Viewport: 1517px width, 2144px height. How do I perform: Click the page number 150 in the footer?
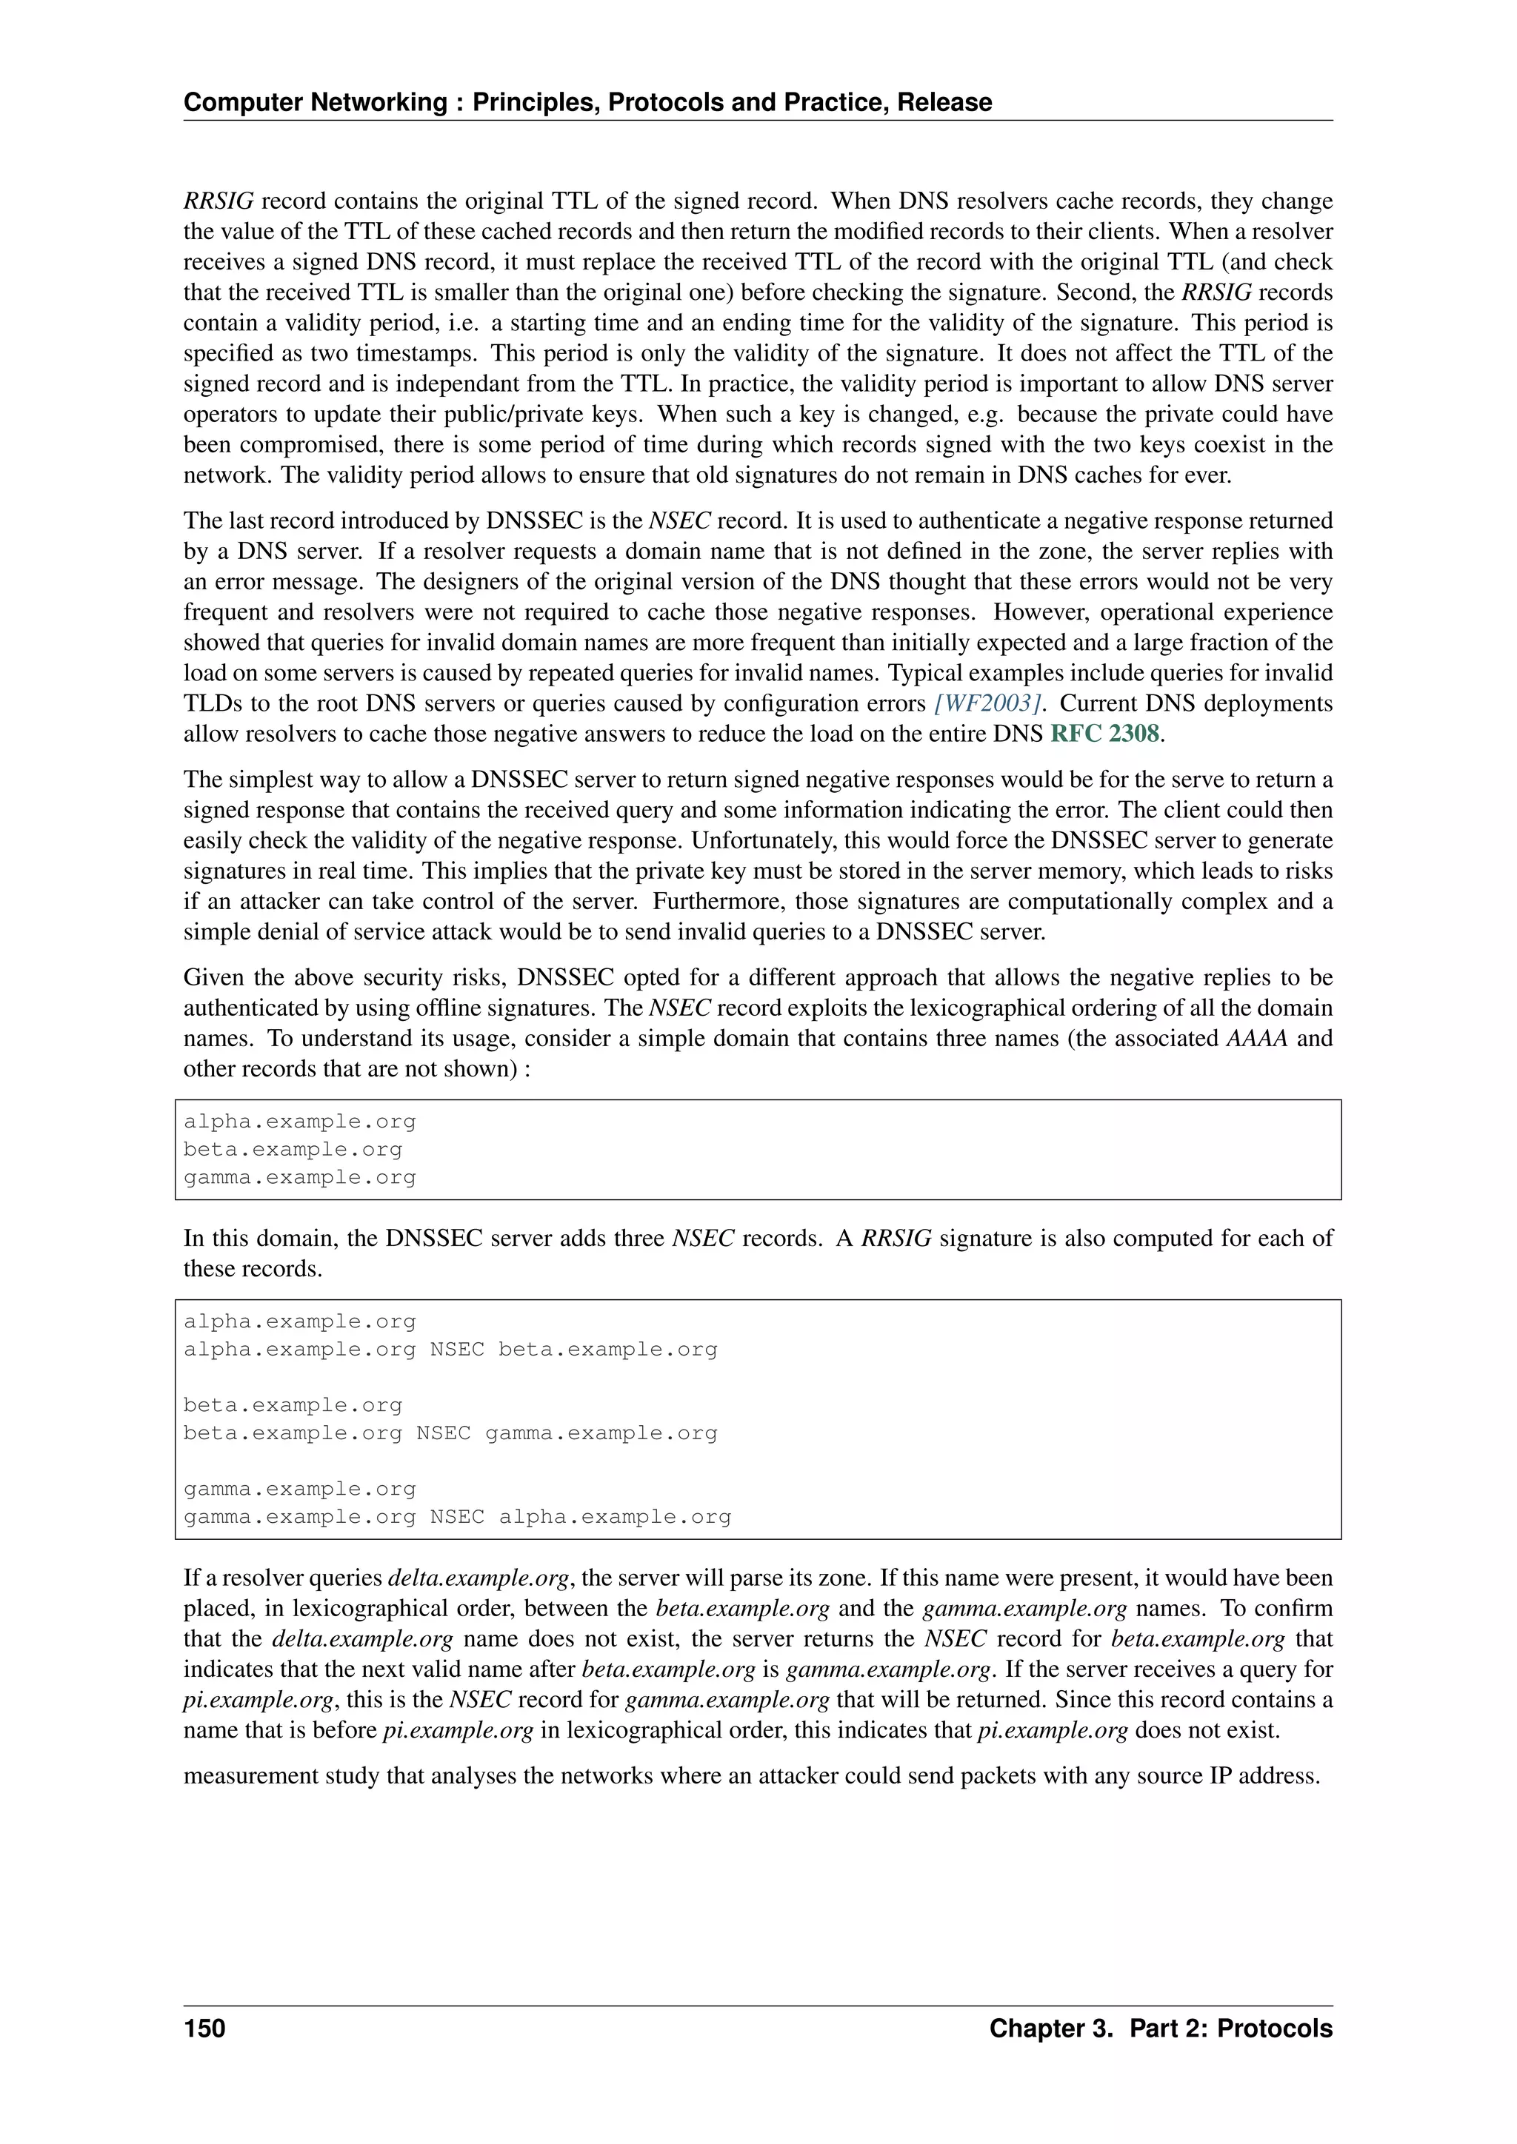(x=204, y=2029)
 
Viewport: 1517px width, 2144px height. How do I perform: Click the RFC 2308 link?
(x=1105, y=734)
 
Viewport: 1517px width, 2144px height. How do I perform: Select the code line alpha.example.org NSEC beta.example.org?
(x=450, y=1350)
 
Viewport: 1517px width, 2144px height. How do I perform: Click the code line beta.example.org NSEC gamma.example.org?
(x=450, y=1433)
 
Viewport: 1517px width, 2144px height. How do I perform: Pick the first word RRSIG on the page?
(x=219, y=201)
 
